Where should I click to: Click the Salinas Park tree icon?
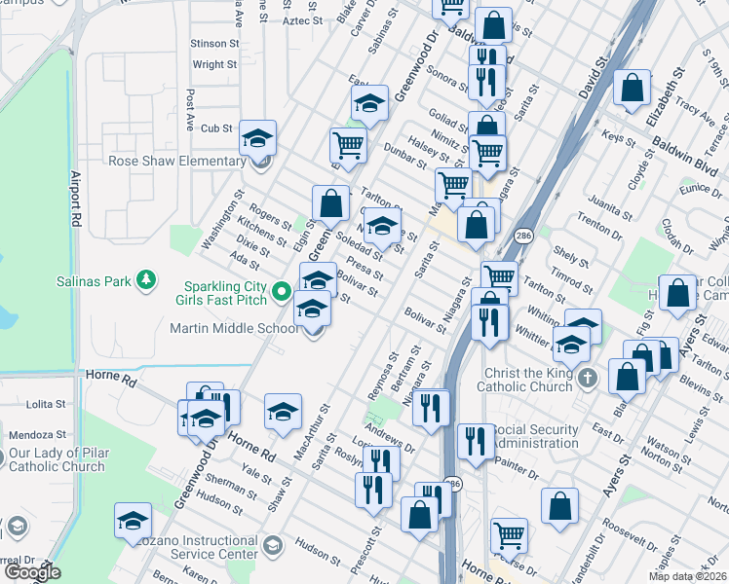click(145, 281)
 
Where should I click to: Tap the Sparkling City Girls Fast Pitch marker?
click(282, 291)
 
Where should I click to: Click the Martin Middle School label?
click(237, 328)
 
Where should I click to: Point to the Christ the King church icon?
click(586, 377)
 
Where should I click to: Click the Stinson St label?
click(214, 44)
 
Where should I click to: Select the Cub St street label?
click(216, 128)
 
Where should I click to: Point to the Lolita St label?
click(46, 403)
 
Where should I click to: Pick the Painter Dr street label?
click(517, 473)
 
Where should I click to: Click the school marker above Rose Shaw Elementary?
click(257, 138)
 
